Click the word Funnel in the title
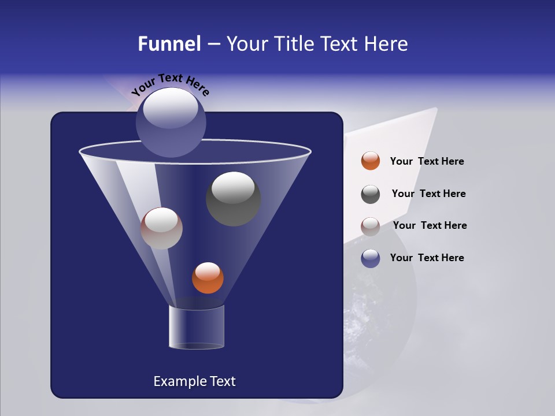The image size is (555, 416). [x=169, y=44]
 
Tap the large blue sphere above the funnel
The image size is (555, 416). [x=171, y=122]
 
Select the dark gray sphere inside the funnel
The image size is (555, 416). [x=233, y=198]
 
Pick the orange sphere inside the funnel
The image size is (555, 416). [x=208, y=278]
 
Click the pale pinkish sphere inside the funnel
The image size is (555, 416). [x=161, y=228]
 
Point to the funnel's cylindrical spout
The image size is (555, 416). [x=197, y=327]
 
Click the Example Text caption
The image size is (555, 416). [x=194, y=381]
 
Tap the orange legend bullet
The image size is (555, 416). [x=371, y=161]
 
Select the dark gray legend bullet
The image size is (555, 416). [x=371, y=194]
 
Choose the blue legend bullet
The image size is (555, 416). [x=371, y=258]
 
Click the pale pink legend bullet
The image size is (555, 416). [x=371, y=226]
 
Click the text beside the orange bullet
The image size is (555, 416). [x=427, y=162]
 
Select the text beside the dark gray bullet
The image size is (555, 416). [x=428, y=194]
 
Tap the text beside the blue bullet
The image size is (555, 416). [x=427, y=258]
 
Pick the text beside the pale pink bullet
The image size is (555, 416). [x=430, y=225]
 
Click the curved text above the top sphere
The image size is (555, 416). [x=171, y=84]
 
